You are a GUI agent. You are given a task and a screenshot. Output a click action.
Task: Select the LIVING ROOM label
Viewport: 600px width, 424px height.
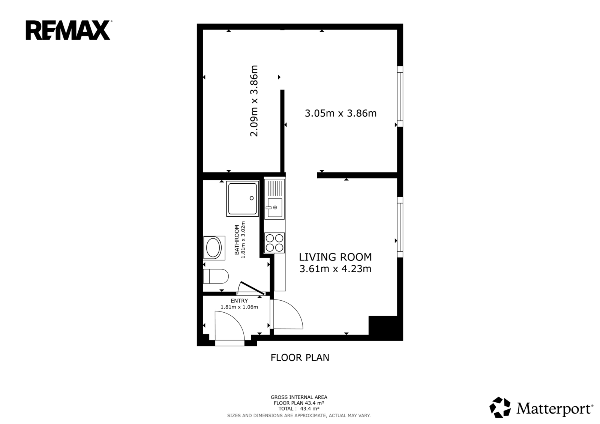[x=335, y=257]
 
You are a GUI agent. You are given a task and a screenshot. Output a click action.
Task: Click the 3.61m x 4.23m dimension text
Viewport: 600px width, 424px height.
[x=335, y=269]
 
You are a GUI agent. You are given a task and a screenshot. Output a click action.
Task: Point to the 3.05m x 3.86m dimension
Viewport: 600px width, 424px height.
[x=341, y=113]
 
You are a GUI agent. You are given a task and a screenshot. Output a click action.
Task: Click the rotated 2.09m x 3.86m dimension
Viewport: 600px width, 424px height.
[x=253, y=101]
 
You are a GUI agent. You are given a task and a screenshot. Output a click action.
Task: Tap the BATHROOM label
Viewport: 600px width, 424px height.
[x=237, y=240]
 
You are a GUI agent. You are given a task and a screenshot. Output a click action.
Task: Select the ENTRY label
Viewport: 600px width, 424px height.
[x=239, y=301]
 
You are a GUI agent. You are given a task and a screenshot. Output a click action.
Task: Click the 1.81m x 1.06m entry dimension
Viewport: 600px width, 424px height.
[x=239, y=307]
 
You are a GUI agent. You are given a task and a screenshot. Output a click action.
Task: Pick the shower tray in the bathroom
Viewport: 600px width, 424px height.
[x=243, y=198]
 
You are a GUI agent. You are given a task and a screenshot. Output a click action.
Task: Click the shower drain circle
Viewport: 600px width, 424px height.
[x=252, y=198]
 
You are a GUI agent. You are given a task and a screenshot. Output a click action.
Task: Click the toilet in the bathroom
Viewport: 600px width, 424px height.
[x=216, y=276]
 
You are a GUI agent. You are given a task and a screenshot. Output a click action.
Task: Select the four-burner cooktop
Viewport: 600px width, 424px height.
[x=274, y=243]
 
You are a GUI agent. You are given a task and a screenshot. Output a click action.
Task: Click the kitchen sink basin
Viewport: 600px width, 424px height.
[x=274, y=208]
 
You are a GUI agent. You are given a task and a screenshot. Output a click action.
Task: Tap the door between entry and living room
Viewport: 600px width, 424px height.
[x=286, y=314]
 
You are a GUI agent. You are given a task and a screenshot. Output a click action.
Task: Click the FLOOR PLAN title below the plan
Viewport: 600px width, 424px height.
[x=300, y=358]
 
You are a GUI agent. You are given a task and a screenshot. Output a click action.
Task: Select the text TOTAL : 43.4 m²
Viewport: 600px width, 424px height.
[x=299, y=409]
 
